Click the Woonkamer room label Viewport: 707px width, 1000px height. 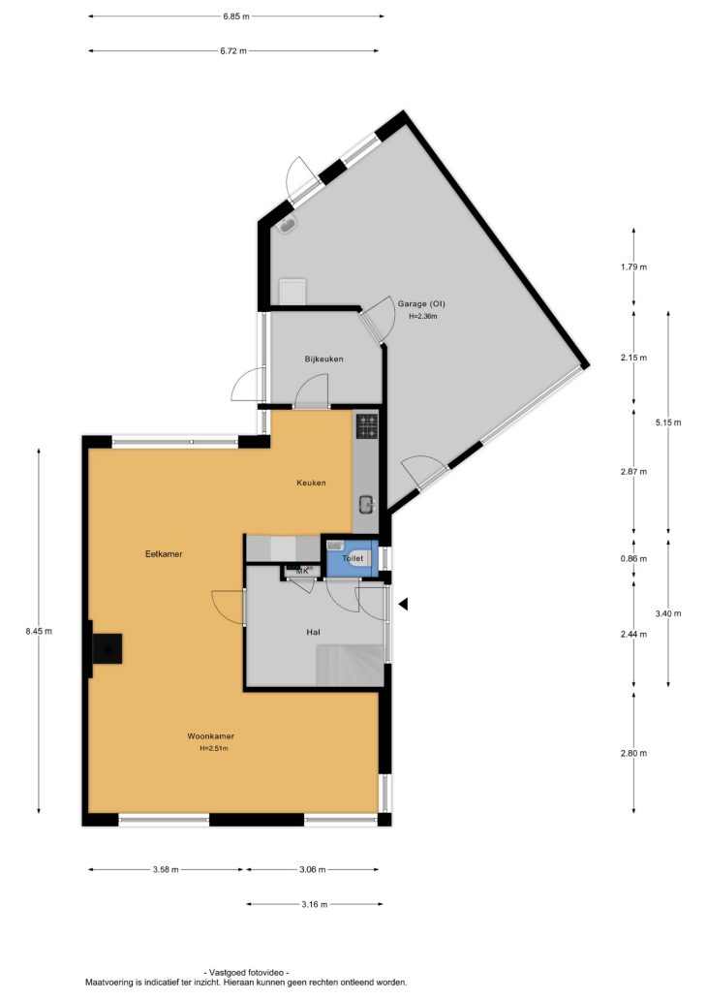pos(210,736)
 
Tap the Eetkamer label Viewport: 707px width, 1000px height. pos(164,553)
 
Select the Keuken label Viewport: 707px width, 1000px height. pos(311,483)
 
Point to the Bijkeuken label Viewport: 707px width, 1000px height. pos(323,359)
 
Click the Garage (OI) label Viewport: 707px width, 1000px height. pos(421,303)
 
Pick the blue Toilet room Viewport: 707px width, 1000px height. pos(353,558)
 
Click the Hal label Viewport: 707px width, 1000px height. pos(313,632)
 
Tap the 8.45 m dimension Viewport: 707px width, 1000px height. pos(39,632)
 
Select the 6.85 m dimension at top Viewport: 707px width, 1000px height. pos(236,16)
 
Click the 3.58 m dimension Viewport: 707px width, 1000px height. pos(166,869)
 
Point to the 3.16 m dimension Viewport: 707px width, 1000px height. pos(315,904)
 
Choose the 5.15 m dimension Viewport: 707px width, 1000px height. pos(668,422)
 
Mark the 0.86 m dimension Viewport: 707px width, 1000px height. pos(633,559)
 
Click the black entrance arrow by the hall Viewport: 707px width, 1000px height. pos(403,604)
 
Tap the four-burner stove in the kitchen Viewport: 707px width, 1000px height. pos(366,425)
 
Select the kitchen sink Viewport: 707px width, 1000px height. pos(366,505)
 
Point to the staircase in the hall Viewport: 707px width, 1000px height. pos(350,665)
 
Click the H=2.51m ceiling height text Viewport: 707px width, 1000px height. pos(214,749)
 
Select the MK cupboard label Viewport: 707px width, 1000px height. pos(302,571)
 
